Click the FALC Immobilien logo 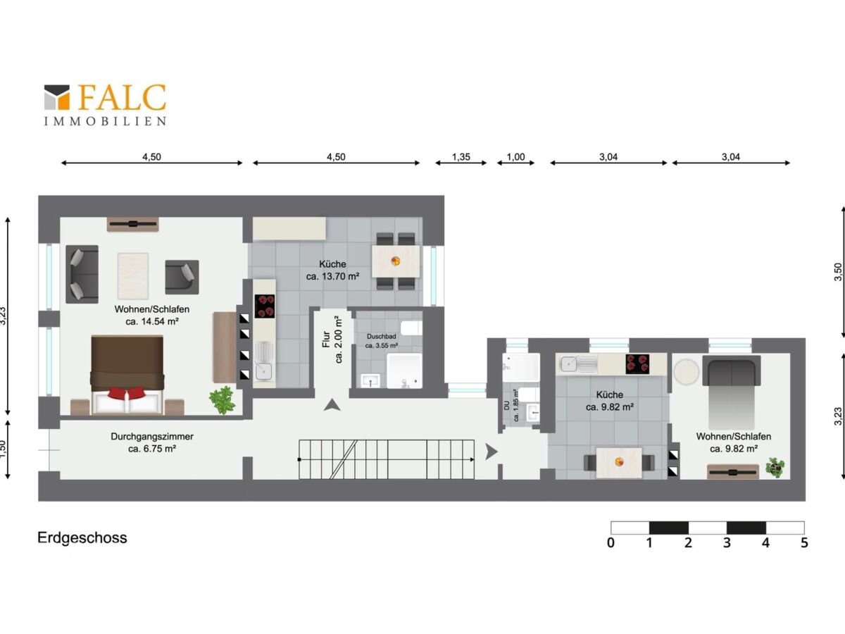click(105, 105)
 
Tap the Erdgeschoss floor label click(82, 538)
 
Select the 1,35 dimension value click(461, 156)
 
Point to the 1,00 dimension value click(515, 156)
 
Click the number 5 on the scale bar click(804, 542)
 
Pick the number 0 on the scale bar click(611, 542)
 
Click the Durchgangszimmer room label click(152, 442)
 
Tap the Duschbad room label click(381, 341)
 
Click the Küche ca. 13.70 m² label click(332, 270)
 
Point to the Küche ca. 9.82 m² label click(609, 400)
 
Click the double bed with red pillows click(127, 375)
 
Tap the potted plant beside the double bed click(222, 400)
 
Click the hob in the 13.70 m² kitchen click(265, 306)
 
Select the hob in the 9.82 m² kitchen click(637, 363)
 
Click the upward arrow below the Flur click(332, 405)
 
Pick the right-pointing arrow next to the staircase click(492, 452)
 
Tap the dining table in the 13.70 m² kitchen click(396, 261)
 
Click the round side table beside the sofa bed click(686, 372)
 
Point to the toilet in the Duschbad click(411, 328)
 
